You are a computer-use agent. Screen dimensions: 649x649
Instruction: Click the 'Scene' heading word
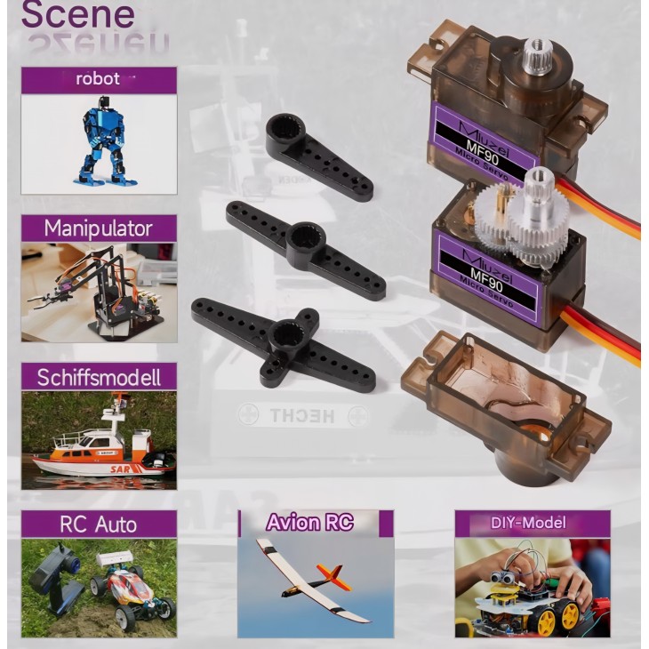[x=77, y=15]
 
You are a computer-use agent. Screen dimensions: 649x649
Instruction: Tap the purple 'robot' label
[x=98, y=79]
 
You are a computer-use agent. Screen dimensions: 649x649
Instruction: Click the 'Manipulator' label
[x=98, y=228]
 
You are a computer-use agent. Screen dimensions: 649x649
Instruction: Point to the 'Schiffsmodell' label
[x=99, y=377]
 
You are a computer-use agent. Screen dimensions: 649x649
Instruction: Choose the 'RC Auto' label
[x=98, y=524]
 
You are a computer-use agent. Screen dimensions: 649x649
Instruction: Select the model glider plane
[x=311, y=582]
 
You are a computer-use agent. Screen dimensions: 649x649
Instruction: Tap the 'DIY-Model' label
[x=528, y=523]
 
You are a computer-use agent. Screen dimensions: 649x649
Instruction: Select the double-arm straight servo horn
[x=305, y=249]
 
